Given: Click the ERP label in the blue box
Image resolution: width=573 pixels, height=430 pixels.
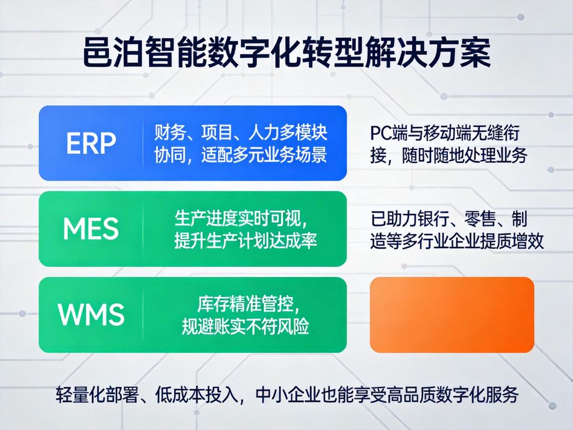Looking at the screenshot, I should point(91,144).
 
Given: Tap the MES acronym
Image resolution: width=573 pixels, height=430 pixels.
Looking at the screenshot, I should point(91,230).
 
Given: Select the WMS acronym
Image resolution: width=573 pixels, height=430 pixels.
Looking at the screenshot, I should point(91,315).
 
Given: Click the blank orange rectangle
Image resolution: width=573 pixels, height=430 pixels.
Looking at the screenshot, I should point(452,315).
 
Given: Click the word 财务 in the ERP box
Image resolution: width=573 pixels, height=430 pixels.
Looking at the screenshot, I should point(168,133).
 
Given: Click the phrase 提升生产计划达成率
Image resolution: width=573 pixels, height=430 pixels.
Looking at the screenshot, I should point(246,241).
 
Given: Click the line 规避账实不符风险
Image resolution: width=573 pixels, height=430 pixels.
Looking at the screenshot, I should point(245,326).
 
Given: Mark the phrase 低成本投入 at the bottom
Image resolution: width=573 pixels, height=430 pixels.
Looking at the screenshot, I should point(198,395).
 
